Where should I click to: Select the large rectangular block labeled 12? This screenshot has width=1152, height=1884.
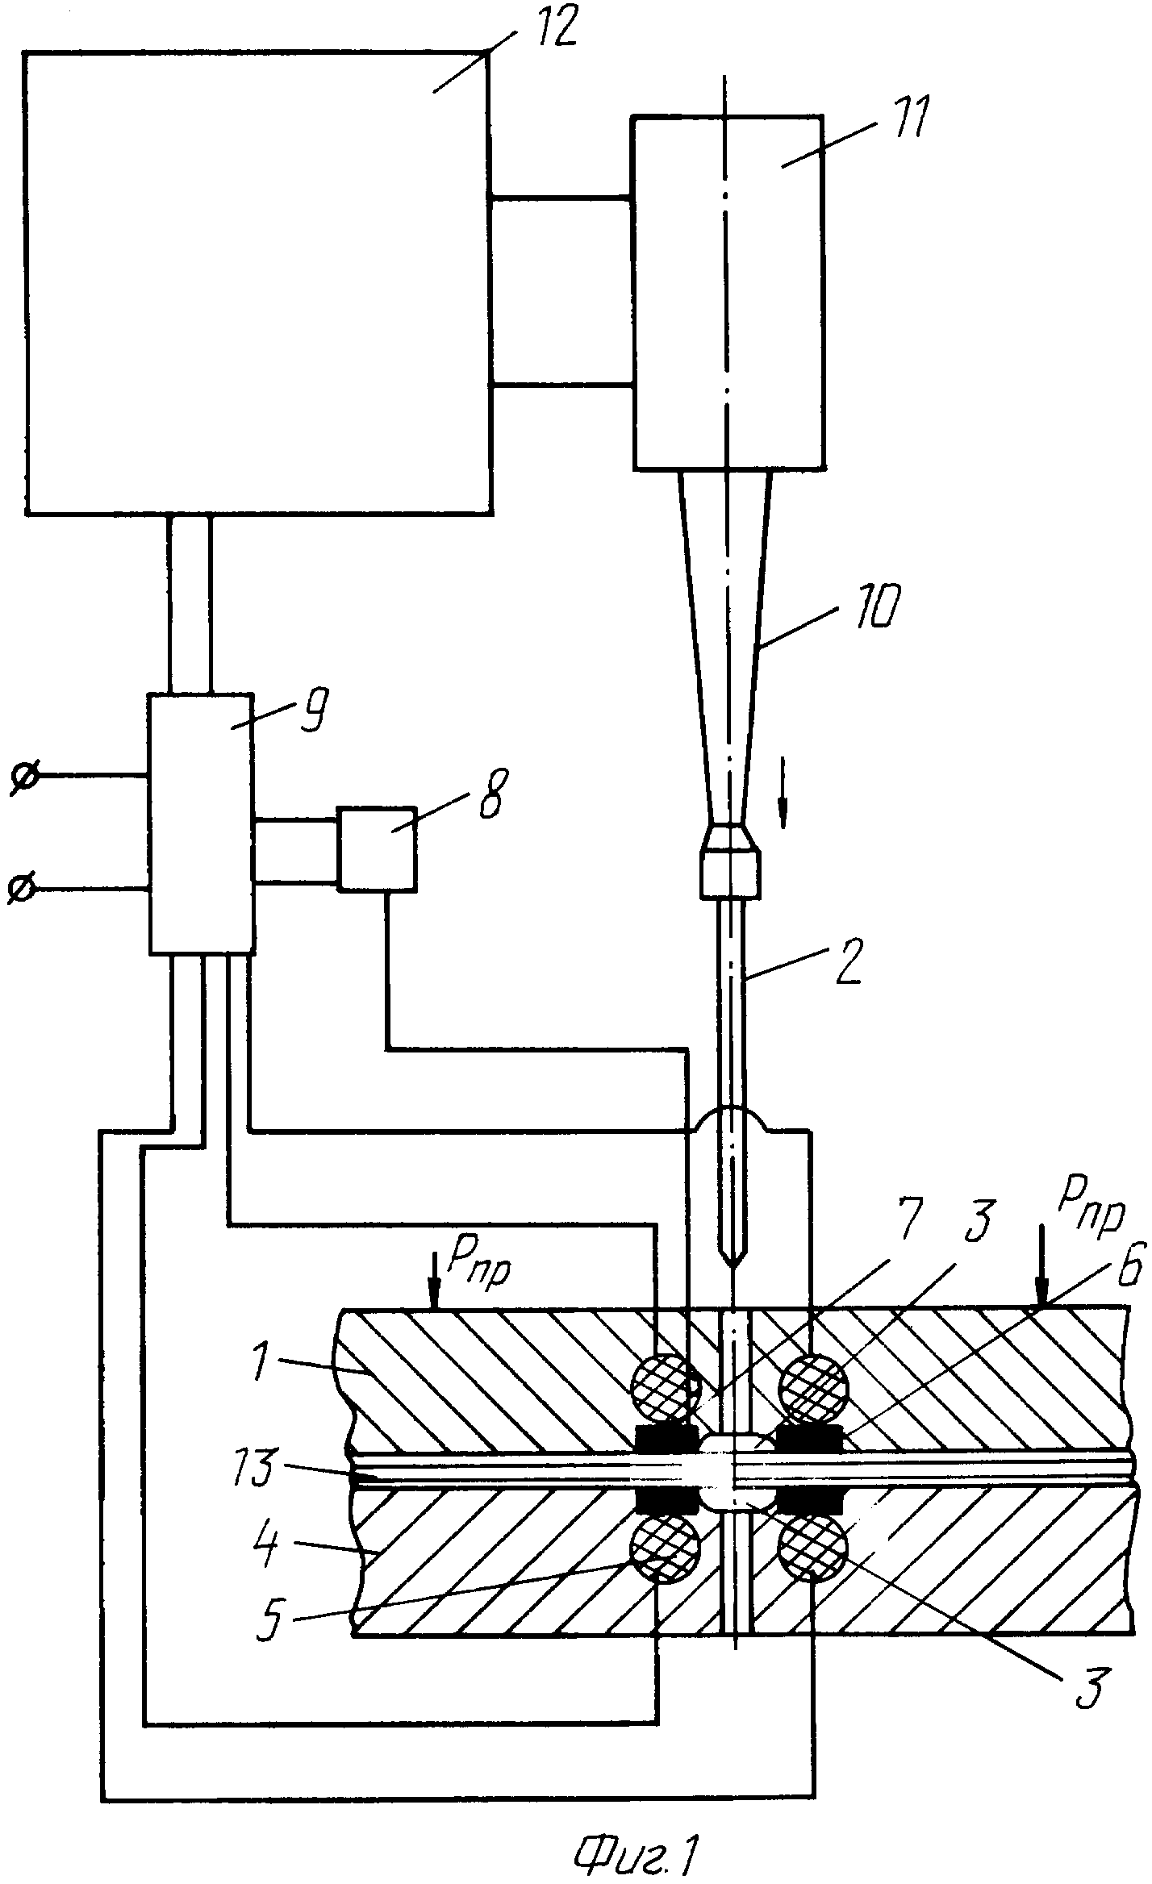point(257,282)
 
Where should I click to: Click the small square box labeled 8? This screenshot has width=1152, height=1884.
point(378,848)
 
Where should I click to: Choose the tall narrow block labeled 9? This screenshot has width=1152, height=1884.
point(200,822)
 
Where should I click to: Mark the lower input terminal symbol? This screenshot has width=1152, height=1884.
point(22,889)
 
